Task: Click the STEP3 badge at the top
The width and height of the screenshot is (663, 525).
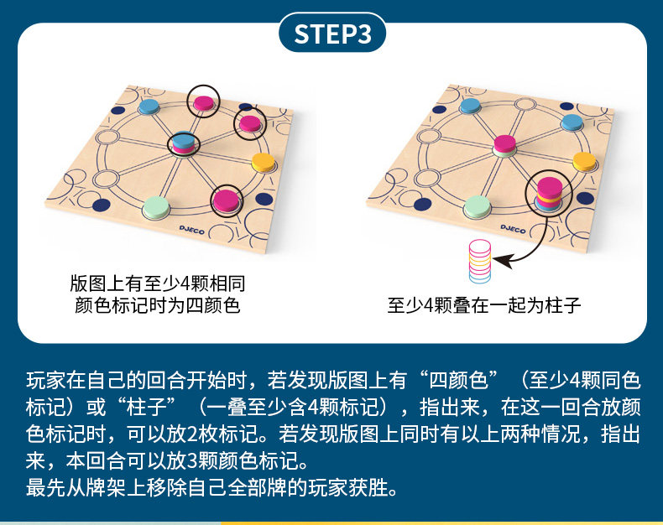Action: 332,34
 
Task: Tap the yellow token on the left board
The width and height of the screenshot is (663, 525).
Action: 264,163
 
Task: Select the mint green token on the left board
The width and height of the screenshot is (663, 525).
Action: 156,207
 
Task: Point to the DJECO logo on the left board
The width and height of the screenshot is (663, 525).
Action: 191,230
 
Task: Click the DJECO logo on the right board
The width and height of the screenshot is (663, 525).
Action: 513,229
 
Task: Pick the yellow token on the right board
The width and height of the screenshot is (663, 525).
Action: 584,162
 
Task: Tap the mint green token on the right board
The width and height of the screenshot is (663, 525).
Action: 478,206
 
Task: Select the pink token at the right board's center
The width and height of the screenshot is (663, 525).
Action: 505,145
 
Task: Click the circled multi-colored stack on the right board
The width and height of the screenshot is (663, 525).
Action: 549,194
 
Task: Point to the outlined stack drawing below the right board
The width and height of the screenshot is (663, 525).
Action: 480,261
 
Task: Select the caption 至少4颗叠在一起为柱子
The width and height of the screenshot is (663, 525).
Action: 483,305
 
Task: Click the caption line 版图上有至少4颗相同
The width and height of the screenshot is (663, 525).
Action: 157,283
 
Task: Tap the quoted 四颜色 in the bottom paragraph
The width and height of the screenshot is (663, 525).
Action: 458,381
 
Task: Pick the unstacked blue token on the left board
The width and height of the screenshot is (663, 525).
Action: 149,107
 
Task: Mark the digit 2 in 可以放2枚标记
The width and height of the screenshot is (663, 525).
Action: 191,434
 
